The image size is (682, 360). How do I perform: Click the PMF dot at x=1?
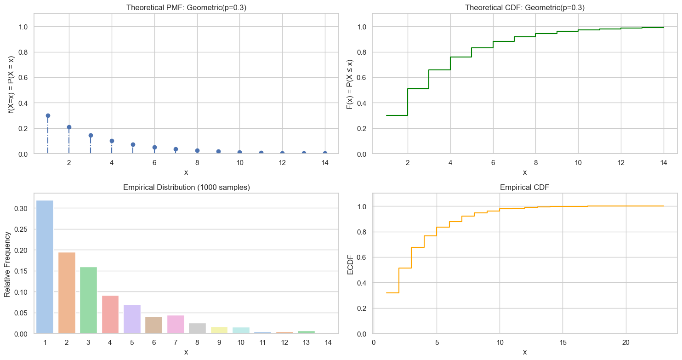coord(48,115)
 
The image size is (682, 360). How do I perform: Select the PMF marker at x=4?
coord(112,141)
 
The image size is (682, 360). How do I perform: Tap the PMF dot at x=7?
coord(176,149)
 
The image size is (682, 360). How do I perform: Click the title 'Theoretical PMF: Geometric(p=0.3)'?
coord(186,7)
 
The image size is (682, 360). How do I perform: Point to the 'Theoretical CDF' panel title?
coord(524,7)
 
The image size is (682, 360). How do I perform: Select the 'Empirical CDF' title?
coord(524,188)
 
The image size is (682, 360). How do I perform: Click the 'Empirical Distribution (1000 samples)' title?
coord(186,188)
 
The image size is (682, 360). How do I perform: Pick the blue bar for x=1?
coord(45,267)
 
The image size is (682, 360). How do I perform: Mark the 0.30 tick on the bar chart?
coord(20,208)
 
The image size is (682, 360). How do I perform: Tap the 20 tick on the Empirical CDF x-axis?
coord(625,343)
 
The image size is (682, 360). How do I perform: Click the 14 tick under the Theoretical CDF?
coord(663,163)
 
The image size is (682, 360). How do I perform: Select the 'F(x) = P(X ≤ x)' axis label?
coord(350,84)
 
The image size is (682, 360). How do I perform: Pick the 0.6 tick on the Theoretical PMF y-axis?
coord(23,78)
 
